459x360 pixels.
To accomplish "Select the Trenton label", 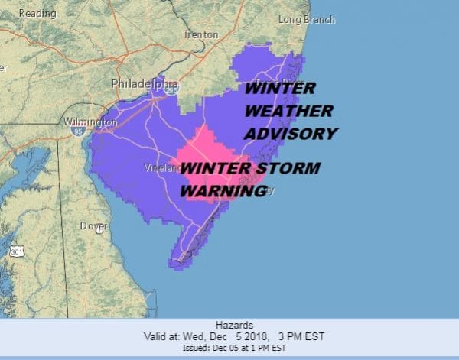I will [x=200, y=34].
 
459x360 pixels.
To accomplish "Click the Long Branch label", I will [x=306, y=19].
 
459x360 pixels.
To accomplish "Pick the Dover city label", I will [x=92, y=225].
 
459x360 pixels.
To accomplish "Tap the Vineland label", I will [x=161, y=167].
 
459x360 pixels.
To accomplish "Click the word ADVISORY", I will [x=290, y=134].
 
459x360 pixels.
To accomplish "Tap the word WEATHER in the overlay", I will [x=288, y=111].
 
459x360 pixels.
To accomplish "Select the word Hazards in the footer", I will [x=229, y=325].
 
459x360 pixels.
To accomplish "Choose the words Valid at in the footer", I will [x=163, y=336].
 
